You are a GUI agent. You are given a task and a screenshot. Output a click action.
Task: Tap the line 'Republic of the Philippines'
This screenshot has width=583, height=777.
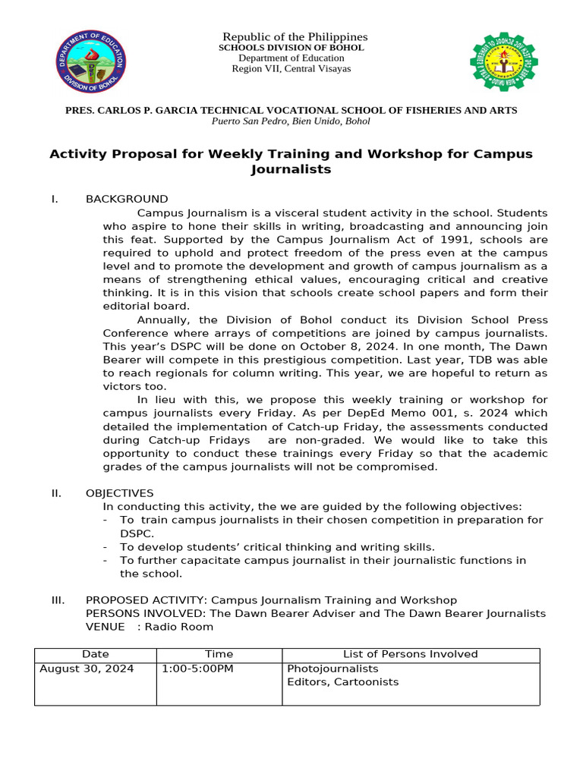tap(294, 37)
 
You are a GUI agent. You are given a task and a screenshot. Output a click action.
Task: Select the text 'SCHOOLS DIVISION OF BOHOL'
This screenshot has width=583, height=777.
tap(291, 48)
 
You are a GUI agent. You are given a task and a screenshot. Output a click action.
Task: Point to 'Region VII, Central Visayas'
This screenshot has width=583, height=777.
tap(291, 69)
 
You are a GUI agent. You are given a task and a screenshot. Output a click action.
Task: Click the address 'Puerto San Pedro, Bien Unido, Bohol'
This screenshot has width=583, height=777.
tap(291, 121)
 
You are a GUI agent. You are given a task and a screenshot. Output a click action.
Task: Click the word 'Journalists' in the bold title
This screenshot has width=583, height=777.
tap(291, 169)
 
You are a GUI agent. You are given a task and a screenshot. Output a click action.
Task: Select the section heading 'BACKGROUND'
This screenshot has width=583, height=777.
tap(127, 200)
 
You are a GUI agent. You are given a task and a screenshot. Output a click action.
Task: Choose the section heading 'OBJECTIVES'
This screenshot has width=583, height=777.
tap(119, 493)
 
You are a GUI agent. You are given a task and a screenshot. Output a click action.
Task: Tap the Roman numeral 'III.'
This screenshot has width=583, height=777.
tap(58, 600)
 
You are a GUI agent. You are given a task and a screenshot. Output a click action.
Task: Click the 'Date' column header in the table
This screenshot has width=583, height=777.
tap(96, 654)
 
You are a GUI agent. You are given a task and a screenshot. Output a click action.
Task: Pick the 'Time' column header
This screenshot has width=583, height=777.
tap(219, 654)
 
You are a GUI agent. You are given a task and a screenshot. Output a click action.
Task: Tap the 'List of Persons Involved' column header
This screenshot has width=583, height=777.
tap(410, 654)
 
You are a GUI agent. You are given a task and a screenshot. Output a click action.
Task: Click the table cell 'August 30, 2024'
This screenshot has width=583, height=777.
tap(87, 669)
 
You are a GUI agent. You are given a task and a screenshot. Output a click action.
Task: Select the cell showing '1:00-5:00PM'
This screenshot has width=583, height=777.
tap(197, 669)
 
